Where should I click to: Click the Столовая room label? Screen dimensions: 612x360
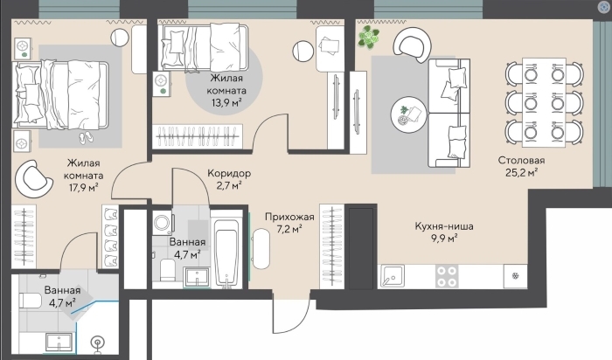coord(521,160)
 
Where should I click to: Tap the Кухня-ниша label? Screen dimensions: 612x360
coord(444,226)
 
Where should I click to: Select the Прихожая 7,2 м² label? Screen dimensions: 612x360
coord(289,223)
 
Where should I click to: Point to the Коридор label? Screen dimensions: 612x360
coord(229,173)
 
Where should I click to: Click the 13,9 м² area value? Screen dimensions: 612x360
coord(226,103)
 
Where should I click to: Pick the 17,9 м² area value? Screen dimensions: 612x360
coord(84,188)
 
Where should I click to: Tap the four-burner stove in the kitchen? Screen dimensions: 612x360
coord(447,276)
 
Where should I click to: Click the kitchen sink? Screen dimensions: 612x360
coord(392,276)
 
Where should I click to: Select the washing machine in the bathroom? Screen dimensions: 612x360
coord(163,223)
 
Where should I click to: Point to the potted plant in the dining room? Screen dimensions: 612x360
coord(369,37)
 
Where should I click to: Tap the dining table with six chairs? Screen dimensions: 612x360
coord(544,102)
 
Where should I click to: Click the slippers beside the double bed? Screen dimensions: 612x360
coord(87,137)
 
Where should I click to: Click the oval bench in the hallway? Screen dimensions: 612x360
coord(261,248)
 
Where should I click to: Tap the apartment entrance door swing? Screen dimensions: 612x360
coord(291,316)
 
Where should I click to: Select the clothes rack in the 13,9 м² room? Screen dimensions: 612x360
coord(197,136)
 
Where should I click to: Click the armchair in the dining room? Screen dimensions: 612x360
coord(412,45)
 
